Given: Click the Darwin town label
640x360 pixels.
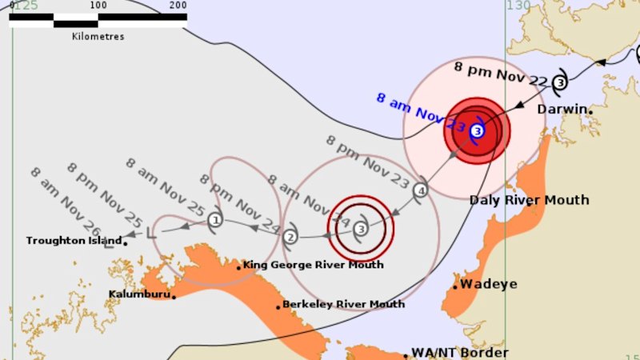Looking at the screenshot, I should [562, 109].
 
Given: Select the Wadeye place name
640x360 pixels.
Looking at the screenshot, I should [488, 284].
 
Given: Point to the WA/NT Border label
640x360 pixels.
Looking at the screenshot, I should [459, 353].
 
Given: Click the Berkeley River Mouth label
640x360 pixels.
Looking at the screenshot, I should [344, 304].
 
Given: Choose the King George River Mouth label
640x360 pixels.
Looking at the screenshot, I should [313, 265].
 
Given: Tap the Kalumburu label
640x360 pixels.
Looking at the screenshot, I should [139, 294].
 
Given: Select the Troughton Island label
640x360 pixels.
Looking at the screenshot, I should [74, 240].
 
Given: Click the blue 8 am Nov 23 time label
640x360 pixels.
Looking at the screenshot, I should [421, 113].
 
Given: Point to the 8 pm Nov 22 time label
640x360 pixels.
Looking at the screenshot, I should [501, 74].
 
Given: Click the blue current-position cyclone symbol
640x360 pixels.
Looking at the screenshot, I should [477, 130].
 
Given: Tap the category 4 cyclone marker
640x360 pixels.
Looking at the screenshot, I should [421, 190].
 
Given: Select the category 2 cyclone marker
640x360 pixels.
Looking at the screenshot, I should [290, 236].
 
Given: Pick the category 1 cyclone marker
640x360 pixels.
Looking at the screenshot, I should [214, 219].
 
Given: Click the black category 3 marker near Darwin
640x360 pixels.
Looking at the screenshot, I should [560, 82].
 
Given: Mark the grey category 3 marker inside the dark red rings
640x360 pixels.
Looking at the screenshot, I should [362, 230].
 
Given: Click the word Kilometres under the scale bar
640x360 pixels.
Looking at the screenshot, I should [98, 36].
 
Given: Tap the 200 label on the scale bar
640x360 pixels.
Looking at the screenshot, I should [178, 6].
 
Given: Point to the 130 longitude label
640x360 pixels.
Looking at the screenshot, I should [518, 6].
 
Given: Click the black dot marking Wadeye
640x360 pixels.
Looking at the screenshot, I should [455, 286].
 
